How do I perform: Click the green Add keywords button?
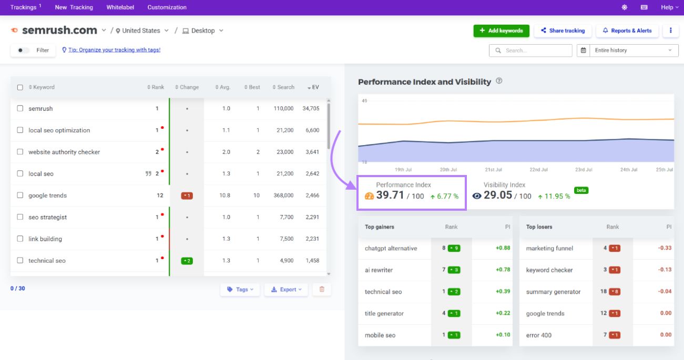click(x=501, y=30)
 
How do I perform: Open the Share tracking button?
click(x=563, y=30)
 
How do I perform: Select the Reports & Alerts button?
click(x=627, y=30)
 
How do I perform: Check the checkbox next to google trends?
click(x=20, y=196)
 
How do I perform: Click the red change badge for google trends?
click(x=187, y=196)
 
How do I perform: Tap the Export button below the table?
click(x=286, y=290)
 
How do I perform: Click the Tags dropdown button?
click(x=240, y=290)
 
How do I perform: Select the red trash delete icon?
click(x=322, y=290)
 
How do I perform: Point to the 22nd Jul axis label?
click(x=538, y=170)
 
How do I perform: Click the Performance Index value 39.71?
click(x=390, y=196)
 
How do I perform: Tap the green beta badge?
click(x=581, y=190)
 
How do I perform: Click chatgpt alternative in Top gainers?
click(x=391, y=248)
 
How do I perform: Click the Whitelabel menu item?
click(x=120, y=7)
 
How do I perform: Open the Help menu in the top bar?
click(x=669, y=7)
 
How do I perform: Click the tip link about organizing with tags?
click(x=114, y=50)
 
